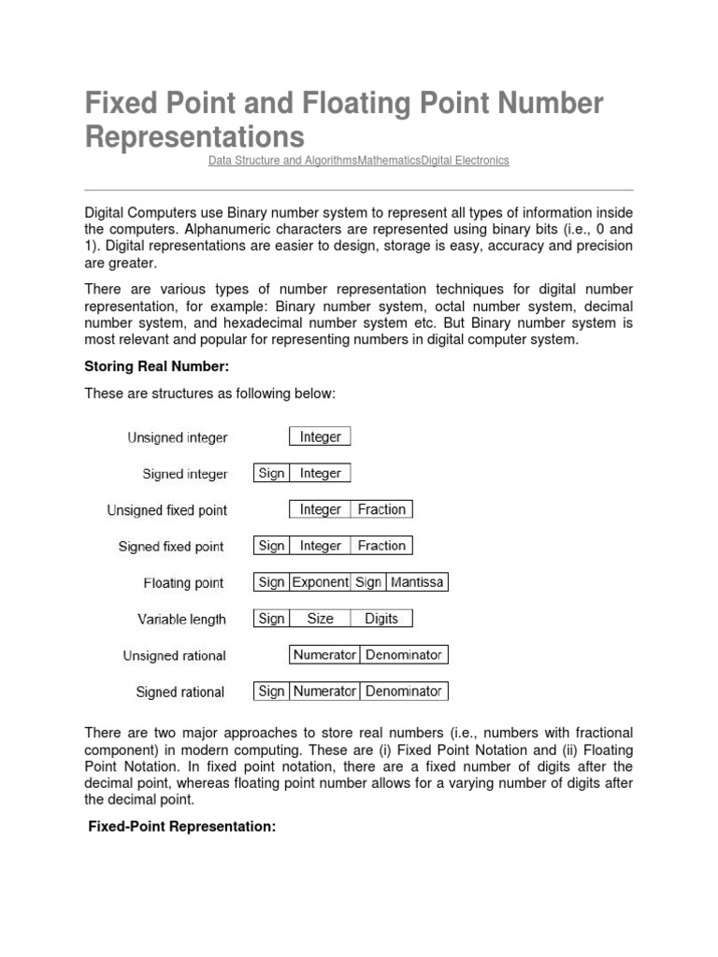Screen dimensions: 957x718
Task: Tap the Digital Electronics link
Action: tap(466, 161)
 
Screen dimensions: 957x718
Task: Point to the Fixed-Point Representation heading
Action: tap(181, 827)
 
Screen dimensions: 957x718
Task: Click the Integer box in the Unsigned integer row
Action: tap(320, 436)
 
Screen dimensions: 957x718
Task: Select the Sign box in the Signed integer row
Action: tap(271, 473)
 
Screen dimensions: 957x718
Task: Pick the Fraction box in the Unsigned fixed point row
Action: tap(381, 509)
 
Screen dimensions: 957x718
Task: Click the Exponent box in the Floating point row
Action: tap(320, 582)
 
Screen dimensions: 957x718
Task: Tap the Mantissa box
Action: tap(417, 582)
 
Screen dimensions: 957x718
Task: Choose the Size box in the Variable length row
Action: tap(320, 619)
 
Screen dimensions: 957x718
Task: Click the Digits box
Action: tap(381, 619)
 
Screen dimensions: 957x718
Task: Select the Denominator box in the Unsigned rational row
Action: tap(404, 655)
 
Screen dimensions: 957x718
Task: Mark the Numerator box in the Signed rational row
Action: tap(324, 692)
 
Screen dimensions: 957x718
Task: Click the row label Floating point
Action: tap(183, 583)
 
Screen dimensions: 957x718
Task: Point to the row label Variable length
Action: tap(181, 620)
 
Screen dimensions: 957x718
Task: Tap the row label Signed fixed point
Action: tap(171, 547)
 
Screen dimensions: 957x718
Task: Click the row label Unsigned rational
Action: tap(174, 656)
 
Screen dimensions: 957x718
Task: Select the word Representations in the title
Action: tap(194, 136)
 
